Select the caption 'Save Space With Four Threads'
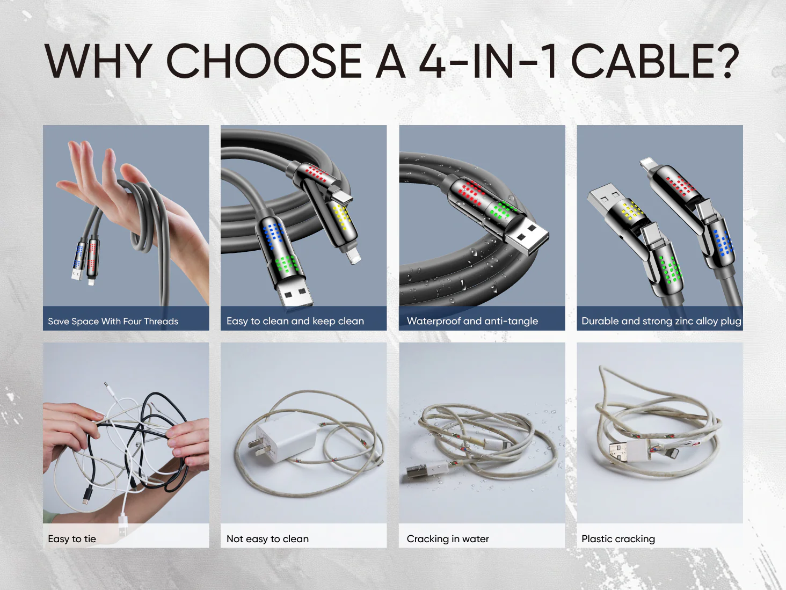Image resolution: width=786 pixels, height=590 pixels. (113, 321)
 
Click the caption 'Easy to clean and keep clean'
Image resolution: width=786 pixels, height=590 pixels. (295, 321)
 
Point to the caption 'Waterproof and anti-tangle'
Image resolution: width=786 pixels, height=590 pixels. (472, 321)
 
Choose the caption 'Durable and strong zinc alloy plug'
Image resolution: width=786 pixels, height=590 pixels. (661, 321)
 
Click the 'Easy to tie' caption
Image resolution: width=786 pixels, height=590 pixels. (72, 538)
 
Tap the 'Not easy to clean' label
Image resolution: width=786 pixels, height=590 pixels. (267, 538)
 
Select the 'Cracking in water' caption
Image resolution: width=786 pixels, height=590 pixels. (448, 538)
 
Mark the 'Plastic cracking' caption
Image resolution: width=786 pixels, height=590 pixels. (618, 539)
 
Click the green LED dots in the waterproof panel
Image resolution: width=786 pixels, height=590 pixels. (504, 210)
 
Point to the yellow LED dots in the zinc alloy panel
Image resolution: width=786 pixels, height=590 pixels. (632, 212)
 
